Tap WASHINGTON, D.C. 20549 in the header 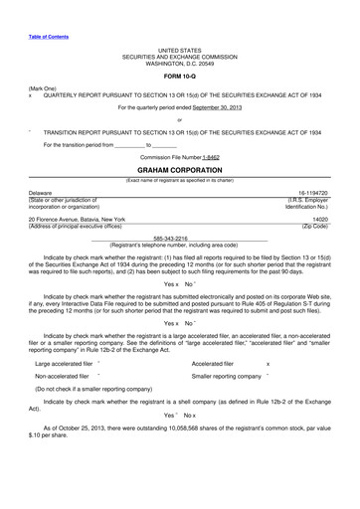180,63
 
